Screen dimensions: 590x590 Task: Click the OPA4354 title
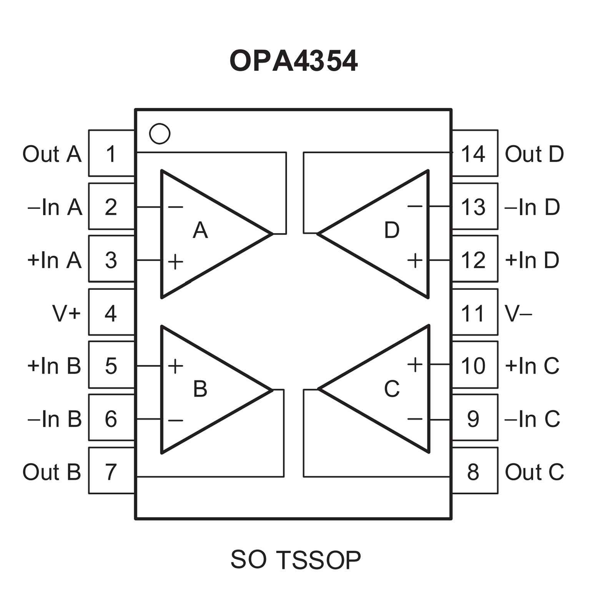294,61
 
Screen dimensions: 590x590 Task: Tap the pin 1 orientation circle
160,134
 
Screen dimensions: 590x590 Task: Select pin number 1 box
111,153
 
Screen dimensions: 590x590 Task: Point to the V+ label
66,313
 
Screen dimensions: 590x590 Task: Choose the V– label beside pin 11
518,314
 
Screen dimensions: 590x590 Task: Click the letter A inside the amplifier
200,230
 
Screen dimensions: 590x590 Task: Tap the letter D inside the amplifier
392,230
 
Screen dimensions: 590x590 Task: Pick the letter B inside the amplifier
200,389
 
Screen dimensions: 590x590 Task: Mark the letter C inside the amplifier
392,389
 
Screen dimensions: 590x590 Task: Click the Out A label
52,154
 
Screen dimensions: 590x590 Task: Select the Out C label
534,472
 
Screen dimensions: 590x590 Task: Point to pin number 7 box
111,471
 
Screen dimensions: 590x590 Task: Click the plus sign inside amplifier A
176,262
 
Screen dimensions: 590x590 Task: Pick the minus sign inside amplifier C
415,419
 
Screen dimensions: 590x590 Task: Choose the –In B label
55,419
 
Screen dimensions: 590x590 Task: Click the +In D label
532,260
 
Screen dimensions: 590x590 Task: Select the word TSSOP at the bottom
318,560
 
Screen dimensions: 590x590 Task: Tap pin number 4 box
111,312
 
